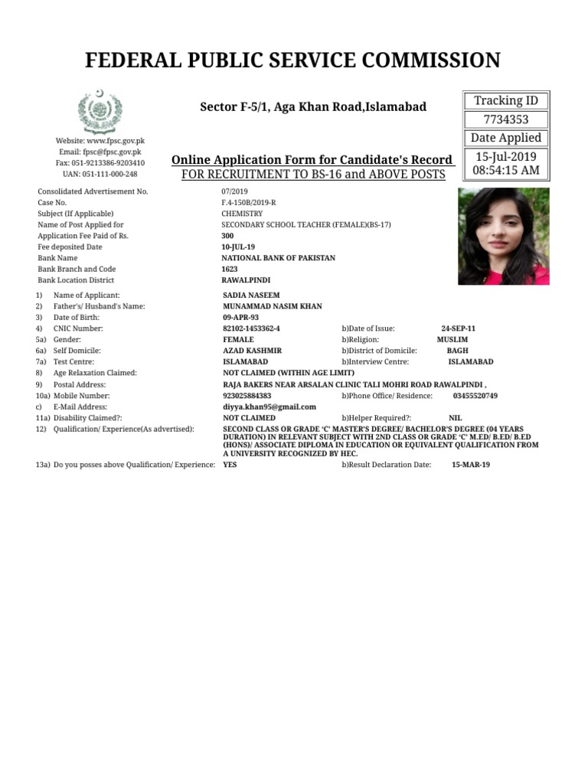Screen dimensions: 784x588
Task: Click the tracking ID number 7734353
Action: [x=505, y=119]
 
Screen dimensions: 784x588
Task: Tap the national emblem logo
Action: [x=100, y=112]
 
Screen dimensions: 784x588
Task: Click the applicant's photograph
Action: [x=503, y=236]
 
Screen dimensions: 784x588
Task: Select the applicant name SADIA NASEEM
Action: [x=251, y=295]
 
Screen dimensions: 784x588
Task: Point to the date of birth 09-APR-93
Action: [x=240, y=317]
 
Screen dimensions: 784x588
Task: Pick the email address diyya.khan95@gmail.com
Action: [x=269, y=407]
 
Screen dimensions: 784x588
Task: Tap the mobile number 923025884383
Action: [x=247, y=395]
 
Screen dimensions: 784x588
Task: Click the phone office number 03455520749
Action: [x=475, y=395]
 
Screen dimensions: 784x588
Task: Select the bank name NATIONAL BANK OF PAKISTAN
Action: [x=279, y=258]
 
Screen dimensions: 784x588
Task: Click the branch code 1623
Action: [x=230, y=269]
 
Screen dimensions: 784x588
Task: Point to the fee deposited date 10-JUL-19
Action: [x=240, y=247]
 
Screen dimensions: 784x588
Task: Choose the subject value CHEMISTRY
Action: [x=242, y=214]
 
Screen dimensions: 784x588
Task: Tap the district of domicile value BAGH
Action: [x=458, y=351]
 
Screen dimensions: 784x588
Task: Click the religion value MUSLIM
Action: [x=452, y=339]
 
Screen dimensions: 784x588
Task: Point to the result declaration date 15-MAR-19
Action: [x=471, y=465]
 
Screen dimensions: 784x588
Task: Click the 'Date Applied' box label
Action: [x=505, y=138]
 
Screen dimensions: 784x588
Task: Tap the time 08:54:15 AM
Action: [x=505, y=170]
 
